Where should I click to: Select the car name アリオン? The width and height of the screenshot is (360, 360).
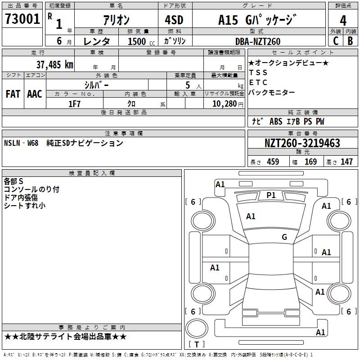tap(116, 20)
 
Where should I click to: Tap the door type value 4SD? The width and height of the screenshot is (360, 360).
tap(171, 20)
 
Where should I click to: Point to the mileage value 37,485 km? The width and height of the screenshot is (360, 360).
tap(55, 64)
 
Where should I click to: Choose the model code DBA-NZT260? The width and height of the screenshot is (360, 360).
tap(258, 41)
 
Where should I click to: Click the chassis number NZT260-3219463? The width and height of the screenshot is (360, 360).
tap(302, 144)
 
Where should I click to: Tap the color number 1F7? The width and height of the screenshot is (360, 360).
tap(74, 104)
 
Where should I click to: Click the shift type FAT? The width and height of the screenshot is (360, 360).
tap(13, 94)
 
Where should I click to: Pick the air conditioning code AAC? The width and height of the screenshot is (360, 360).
tap(35, 94)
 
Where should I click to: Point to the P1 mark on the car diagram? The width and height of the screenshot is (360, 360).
tap(271, 195)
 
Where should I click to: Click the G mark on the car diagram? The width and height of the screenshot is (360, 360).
tap(284, 237)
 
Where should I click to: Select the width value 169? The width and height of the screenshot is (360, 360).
tap(310, 162)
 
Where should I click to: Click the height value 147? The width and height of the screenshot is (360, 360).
tap(346, 162)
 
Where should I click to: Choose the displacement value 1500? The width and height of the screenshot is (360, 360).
tap(137, 41)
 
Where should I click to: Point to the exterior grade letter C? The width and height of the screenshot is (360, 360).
tap(335, 40)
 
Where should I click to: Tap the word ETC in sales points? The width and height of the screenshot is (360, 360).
tap(258, 82)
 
